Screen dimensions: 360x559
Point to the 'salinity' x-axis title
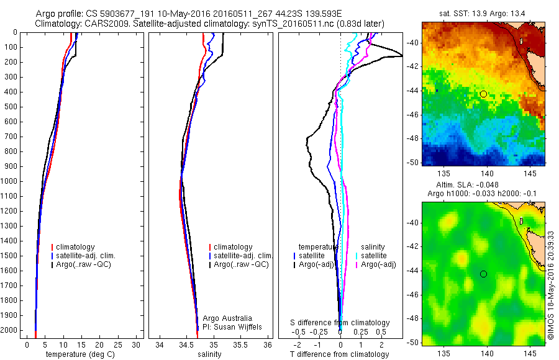coord(209,354)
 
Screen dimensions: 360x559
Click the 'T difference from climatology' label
coord(339,354)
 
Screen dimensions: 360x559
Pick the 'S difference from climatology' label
coord(340,323)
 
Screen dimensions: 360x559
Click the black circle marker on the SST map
coord(483,94)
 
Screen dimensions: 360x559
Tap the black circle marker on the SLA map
coord(483,274)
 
